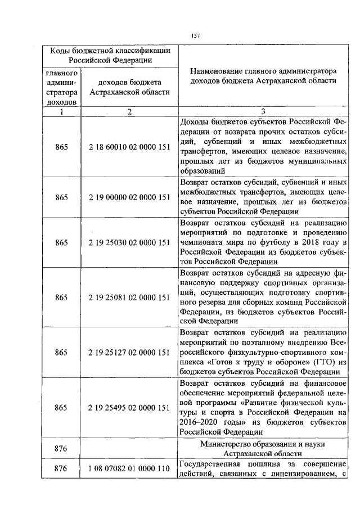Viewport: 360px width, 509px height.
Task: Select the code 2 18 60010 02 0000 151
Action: tap(129, 147)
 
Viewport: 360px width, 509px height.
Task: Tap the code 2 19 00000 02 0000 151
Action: tap(129, 197)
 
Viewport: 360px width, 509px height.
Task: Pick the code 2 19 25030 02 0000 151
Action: tap(129, 243)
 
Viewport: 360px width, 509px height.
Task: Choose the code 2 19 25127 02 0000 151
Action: tap(129, 353)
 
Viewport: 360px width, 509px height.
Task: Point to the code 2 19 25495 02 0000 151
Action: tap(129, 408)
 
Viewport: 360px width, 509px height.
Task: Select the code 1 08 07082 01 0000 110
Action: tap(129, 468)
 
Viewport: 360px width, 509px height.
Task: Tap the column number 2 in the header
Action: tap(129, 111)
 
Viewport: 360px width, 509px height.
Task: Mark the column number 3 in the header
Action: tap(263, 111)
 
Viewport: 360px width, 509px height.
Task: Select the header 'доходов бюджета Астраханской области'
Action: tap(129, 87)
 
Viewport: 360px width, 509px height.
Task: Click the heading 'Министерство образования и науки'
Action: tap(263, 443)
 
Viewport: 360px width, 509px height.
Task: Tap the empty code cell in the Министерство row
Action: tap(129, 448)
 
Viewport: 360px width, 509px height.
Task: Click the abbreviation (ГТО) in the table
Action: tap(322, 362)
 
